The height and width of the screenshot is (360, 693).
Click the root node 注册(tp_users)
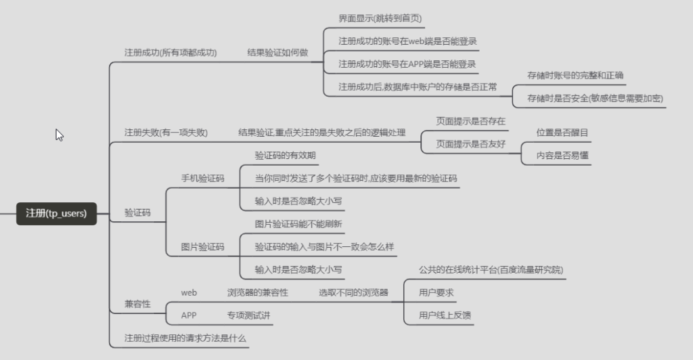[x=56, y=213]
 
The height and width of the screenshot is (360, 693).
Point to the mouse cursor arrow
[x=59, y=135]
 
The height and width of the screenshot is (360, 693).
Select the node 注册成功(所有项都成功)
[x=171, y=52]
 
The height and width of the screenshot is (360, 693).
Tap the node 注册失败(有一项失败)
[x=166, y=133]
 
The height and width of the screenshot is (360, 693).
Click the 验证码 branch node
[x=137, y=212]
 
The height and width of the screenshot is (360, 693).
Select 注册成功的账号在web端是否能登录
[x=407, y=41]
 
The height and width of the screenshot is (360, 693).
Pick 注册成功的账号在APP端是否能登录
[x=407, y=64]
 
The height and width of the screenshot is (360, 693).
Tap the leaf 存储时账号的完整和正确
[x=575, y=75]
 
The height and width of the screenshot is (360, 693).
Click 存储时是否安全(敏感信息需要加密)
[x=595, y=98]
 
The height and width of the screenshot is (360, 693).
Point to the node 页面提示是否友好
[x=470, y=144]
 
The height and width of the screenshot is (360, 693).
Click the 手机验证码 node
[x=202, y=179]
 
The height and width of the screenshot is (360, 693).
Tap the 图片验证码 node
[x=202, y=247]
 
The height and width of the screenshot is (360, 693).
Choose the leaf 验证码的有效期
[x=285, y=156]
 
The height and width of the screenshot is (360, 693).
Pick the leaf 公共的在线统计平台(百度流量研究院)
[x=491, y=270]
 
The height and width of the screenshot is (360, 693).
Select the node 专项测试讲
[x=249, y=315]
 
